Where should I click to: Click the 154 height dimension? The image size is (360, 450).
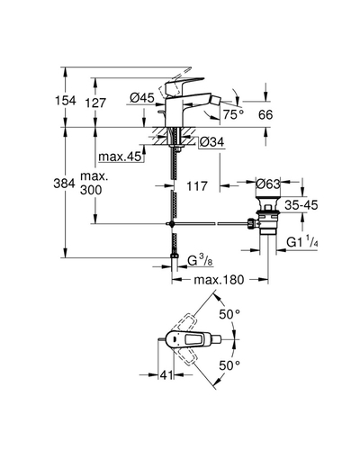[65, 101]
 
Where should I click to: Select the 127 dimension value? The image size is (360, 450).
[95, 103]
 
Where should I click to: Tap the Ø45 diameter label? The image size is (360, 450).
[142, 97]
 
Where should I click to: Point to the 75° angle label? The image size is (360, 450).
[233, 114]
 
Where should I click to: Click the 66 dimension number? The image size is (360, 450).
[265, 114]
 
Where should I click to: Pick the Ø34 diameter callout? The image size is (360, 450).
[211, 142]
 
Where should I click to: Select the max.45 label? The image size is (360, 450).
[120, 157]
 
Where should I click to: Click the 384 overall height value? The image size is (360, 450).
[64, 183]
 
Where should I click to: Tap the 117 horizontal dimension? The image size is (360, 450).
[197, 186]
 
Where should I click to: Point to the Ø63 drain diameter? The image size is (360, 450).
[268, 184]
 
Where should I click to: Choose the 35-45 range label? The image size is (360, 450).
[301, 205]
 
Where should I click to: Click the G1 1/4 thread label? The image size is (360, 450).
[301, 242]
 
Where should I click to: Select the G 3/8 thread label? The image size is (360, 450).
[200, 261]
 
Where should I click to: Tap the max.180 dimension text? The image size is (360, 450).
[219, 280]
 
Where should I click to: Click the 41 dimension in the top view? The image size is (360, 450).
[166, 374]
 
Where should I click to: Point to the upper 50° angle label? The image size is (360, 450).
[229, 314]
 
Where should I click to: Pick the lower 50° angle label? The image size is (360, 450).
[229, 365]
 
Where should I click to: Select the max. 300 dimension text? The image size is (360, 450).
[94, 184]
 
